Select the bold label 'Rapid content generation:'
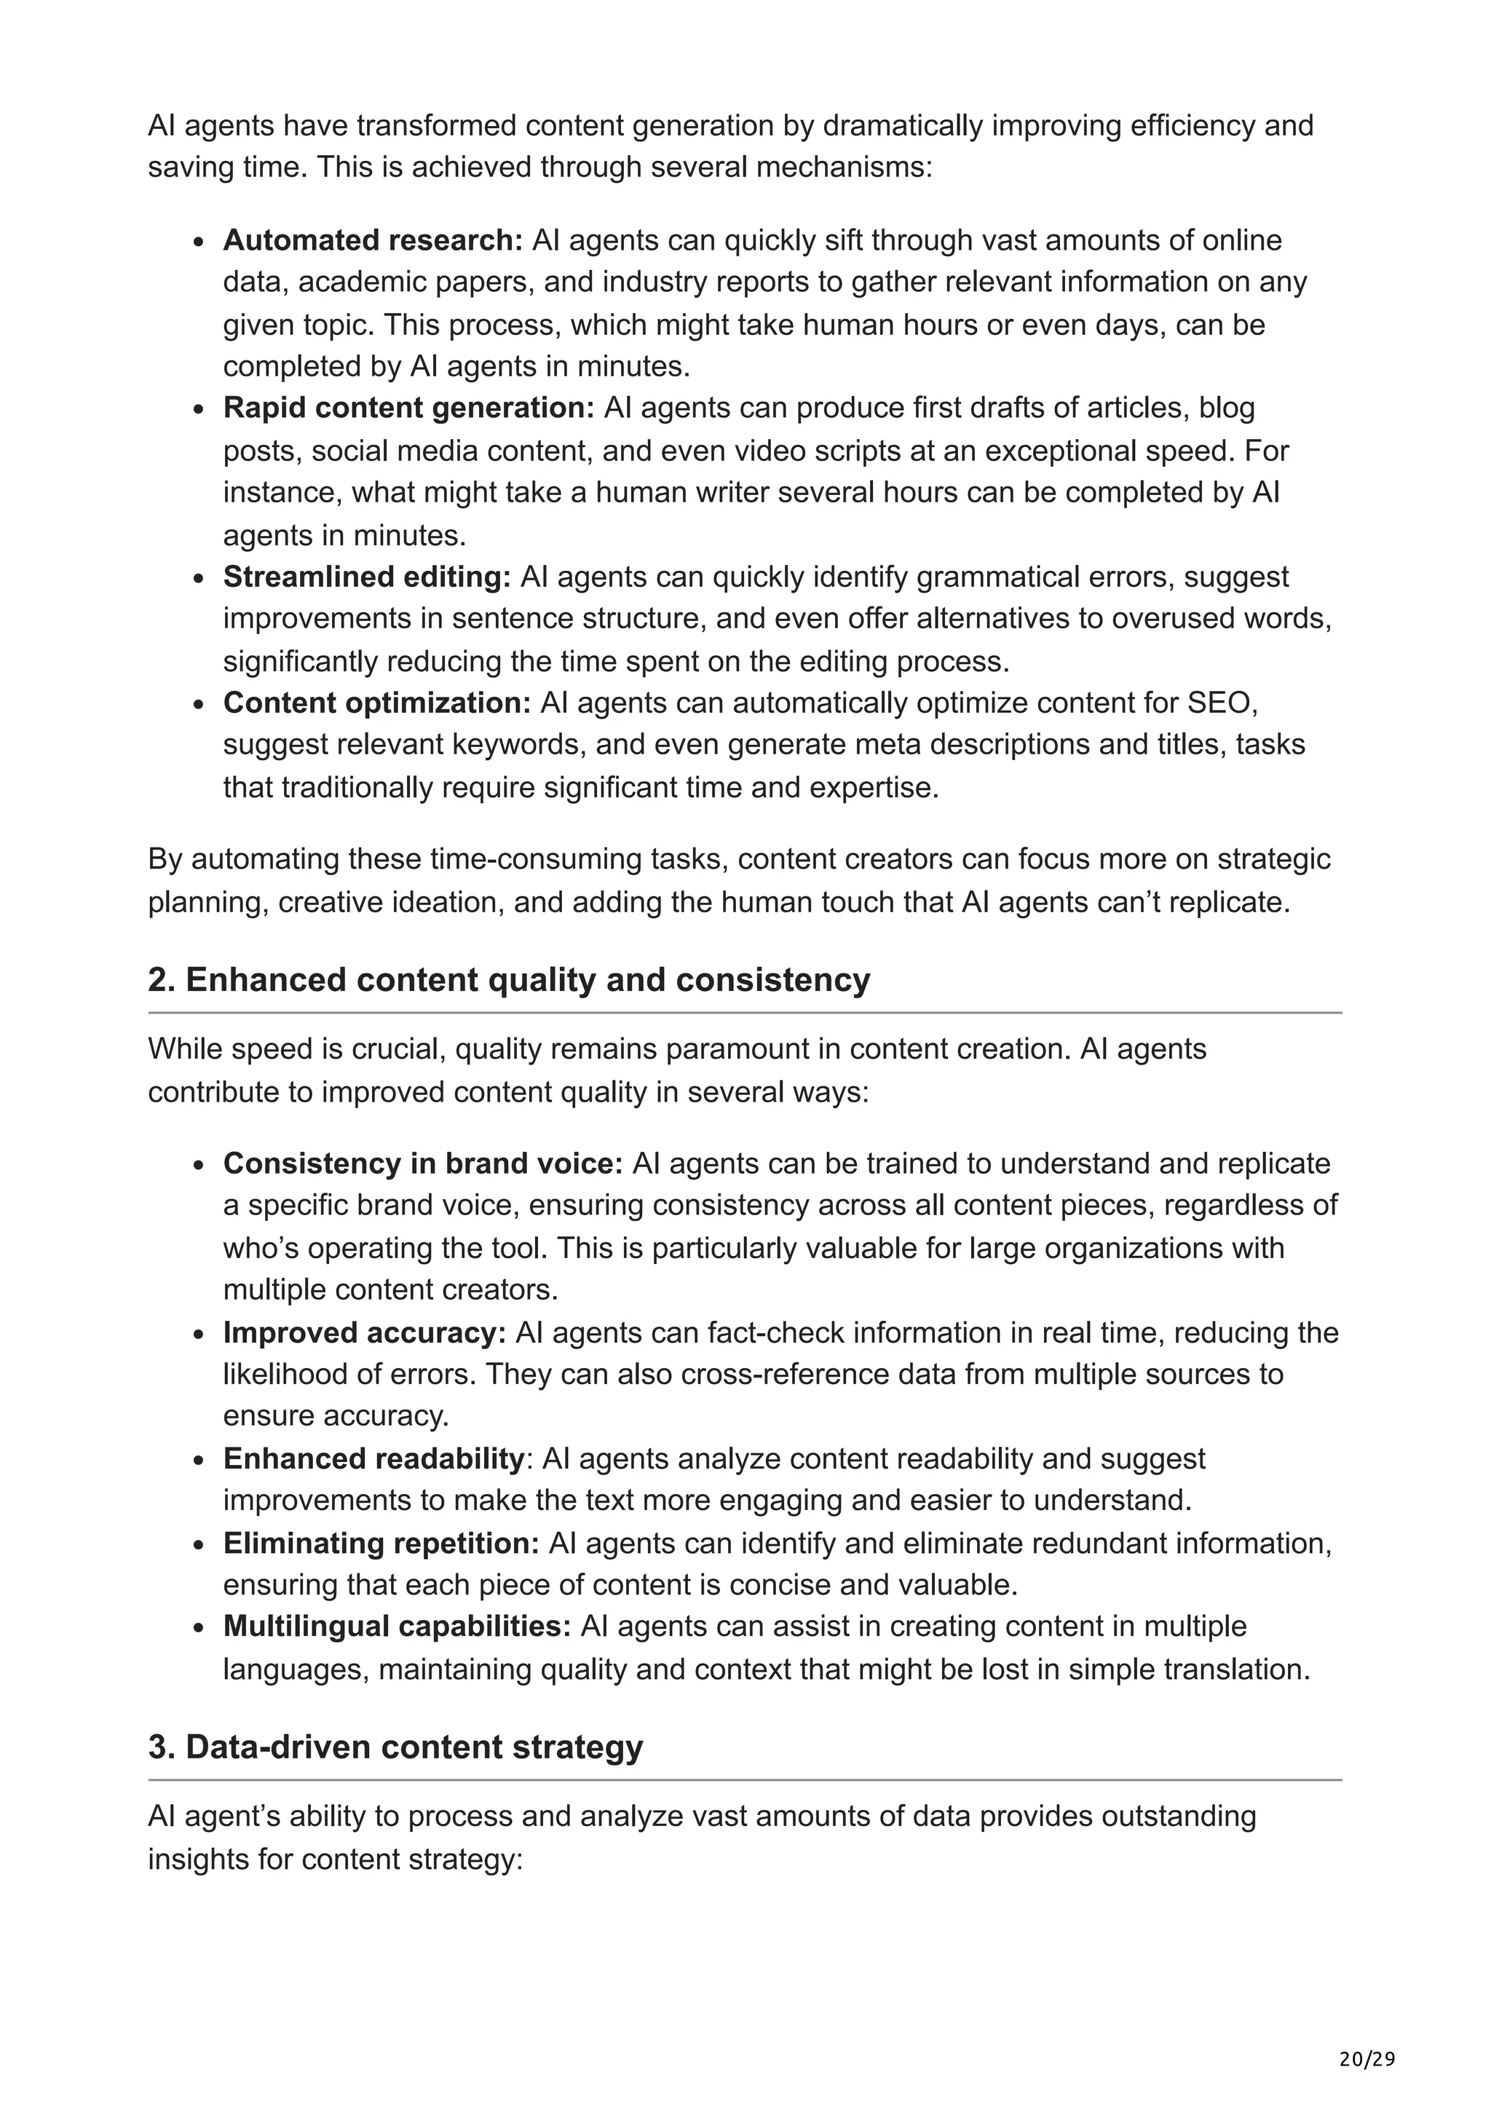[x=409, y=408]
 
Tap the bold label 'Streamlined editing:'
[x=366, y=577]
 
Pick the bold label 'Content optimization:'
[x=376, y=703]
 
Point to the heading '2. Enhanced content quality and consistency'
[x=509, y=980]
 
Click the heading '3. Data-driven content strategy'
[x=395, y=1747]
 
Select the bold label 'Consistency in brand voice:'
[x=422, y=1163]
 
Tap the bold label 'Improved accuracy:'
[x=364, y=1332]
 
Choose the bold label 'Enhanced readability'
[x=373, y=1458]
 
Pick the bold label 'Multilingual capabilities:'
[x=397, y=1627]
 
